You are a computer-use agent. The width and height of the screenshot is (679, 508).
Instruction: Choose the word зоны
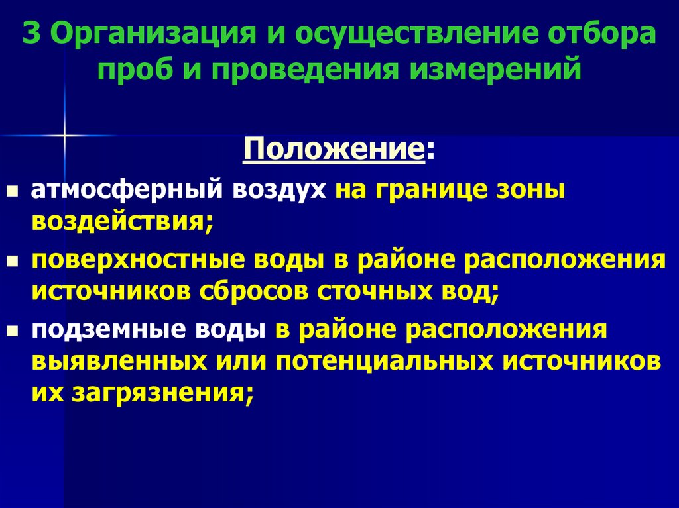(531, 190)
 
